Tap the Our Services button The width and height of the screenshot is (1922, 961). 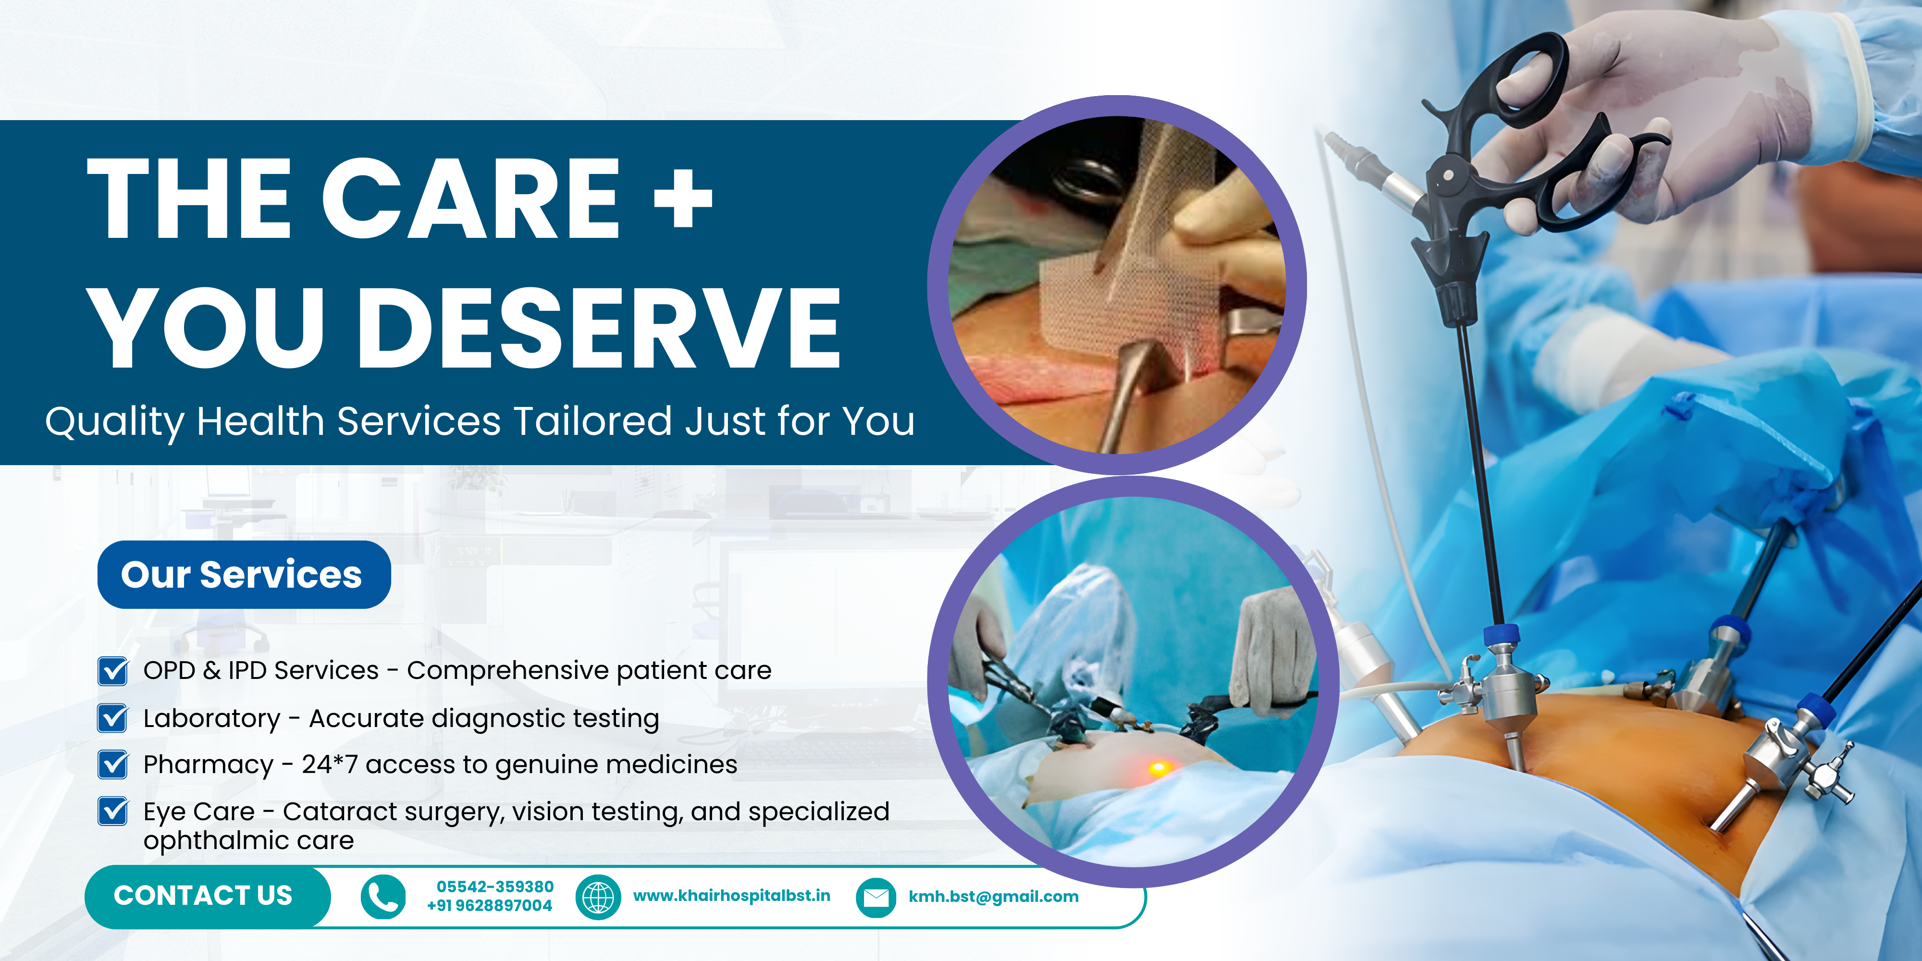[244, 575]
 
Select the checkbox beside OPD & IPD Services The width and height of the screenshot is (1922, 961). [112, 671]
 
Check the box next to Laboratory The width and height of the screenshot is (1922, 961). [112, 718]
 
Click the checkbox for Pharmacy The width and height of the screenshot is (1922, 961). [112, 764]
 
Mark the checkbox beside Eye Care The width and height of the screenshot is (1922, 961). [112, 811]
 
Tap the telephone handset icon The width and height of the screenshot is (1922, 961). [383, 897]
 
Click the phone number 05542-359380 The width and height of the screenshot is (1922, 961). [495, 887]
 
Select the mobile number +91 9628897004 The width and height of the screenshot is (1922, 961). [490, 905]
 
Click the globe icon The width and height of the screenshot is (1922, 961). [598, 897]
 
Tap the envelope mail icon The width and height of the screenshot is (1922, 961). [876, 897]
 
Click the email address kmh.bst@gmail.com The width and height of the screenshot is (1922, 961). [993, 897]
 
